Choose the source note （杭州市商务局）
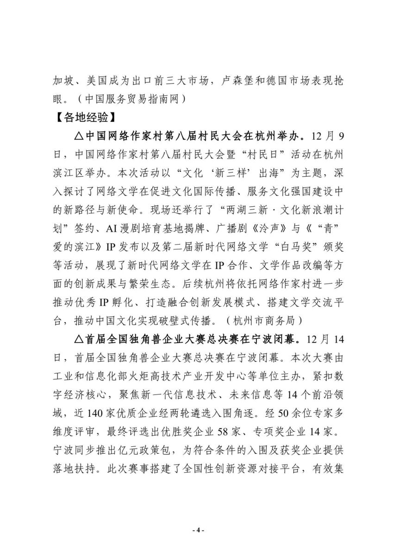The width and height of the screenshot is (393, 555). coord(271,319)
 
